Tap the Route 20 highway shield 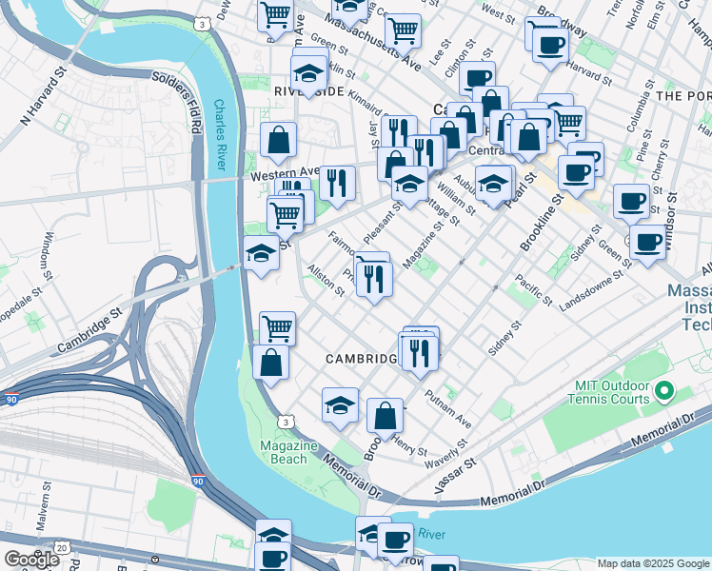[61, 548]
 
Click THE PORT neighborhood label [682, 96]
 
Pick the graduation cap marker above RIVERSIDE [309, 72]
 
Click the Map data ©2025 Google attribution [652, 563]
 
